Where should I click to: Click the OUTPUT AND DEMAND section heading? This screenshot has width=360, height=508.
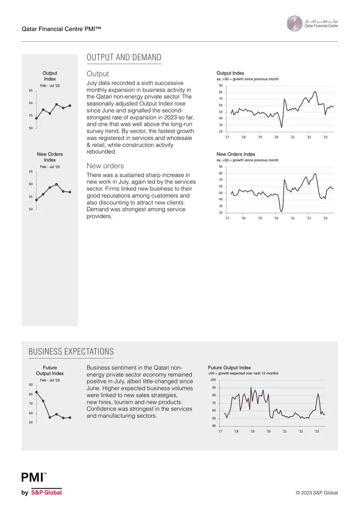pyautogui.click(x=124, y=58)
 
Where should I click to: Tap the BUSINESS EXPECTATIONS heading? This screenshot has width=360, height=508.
pyautogui.click(x=71, y=352)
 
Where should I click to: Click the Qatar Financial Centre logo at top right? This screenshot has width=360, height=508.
pyautogui.click(x=312, y=24)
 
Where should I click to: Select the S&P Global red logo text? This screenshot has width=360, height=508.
pyautogui.click(x=46, y=492)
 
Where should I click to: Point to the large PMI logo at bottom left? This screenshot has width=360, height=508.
pyautogui.click(x=33, y=477)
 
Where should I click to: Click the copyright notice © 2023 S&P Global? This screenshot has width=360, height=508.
pyautogui.click(x=316, y=493)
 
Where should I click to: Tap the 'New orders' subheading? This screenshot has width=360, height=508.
pyautogui.click(x=105, y=166)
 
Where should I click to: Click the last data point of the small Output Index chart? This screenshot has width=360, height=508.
pyautogui.click(x=70, y=106)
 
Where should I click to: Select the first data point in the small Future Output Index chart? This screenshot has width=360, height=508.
pyautogui.click(x=36, y=392)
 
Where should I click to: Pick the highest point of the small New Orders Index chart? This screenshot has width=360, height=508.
pyautogui.click(x=56, y=184)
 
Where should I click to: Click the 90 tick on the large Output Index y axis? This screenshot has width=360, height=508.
pyautogui.click(x=220, y=85)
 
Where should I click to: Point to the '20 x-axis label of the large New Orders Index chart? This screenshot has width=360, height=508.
pyautogui.click(x=276, y=218)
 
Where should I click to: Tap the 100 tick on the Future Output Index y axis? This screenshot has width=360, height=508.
pyautogui.click(x=213, y=380)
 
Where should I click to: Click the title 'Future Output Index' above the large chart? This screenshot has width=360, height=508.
pyautogui.click(x=229, y=368)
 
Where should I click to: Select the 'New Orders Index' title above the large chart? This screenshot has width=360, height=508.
pyautogui.click(x=236, y=154)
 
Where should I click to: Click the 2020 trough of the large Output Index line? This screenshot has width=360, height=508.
pyautogui.click(x=282, y=127)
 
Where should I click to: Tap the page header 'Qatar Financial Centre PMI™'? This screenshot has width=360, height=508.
pyautogui.click(x=61, y=29)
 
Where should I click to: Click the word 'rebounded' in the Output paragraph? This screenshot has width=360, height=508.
pyautogui.click(x=100, y=152)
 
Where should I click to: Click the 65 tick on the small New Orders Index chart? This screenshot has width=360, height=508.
pyautogui.click(x=31, y=171)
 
